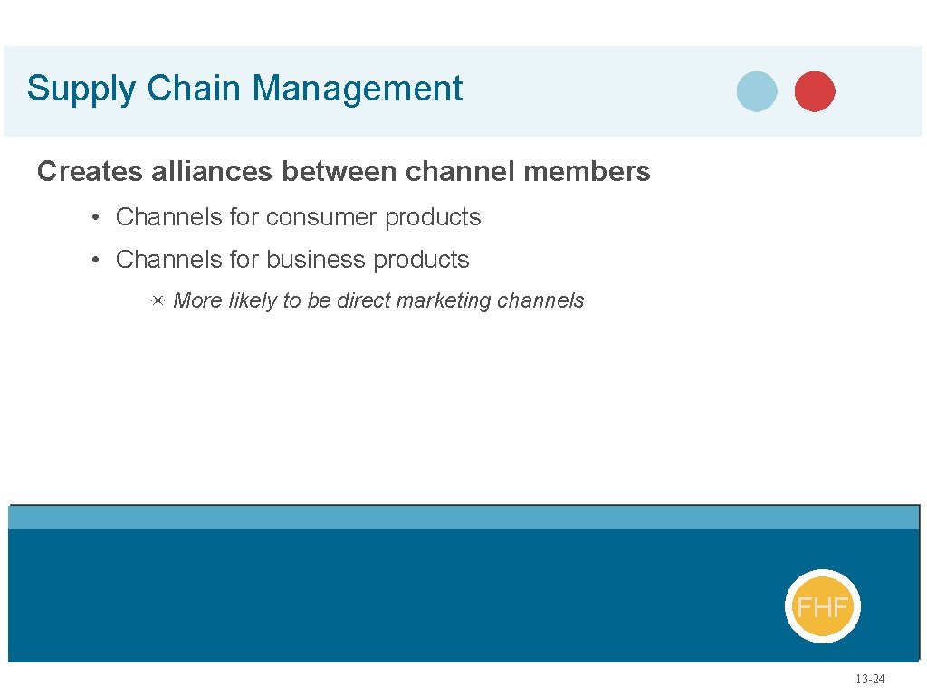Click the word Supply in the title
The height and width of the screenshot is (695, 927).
coord(81,90)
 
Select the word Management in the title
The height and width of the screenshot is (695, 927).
coord(358,90)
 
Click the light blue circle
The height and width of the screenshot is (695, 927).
coord(757,91)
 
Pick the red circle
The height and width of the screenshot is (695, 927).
coord(815,91)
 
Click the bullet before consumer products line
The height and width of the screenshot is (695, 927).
coord(95,217)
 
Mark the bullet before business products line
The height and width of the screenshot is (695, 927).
coord(95,260)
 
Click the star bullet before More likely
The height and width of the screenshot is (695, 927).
coord(157,300)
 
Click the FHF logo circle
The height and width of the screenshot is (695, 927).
coord(822,606)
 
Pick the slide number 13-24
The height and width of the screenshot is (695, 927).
coord(871,680)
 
